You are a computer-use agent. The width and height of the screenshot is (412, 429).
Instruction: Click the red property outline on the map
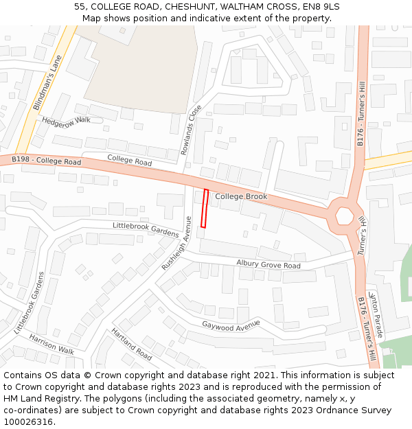(204, 208)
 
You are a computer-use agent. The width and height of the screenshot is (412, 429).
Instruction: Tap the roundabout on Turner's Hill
(343, 216)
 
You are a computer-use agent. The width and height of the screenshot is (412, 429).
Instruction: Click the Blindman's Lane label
(47, 83)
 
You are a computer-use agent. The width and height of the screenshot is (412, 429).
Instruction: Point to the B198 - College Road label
(46, 161)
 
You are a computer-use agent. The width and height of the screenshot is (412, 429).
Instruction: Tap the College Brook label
(241, 197)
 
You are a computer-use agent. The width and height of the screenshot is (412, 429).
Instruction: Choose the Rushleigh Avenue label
(175, 243)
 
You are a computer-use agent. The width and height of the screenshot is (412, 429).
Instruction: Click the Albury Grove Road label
(268, 264)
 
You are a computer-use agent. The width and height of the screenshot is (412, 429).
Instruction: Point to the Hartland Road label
(131, 344)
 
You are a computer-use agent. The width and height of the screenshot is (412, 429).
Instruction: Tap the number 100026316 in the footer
(28, 422)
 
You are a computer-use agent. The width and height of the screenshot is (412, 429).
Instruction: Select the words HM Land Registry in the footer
(38, 399)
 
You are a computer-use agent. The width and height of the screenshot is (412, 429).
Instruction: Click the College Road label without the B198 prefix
(129, 161)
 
